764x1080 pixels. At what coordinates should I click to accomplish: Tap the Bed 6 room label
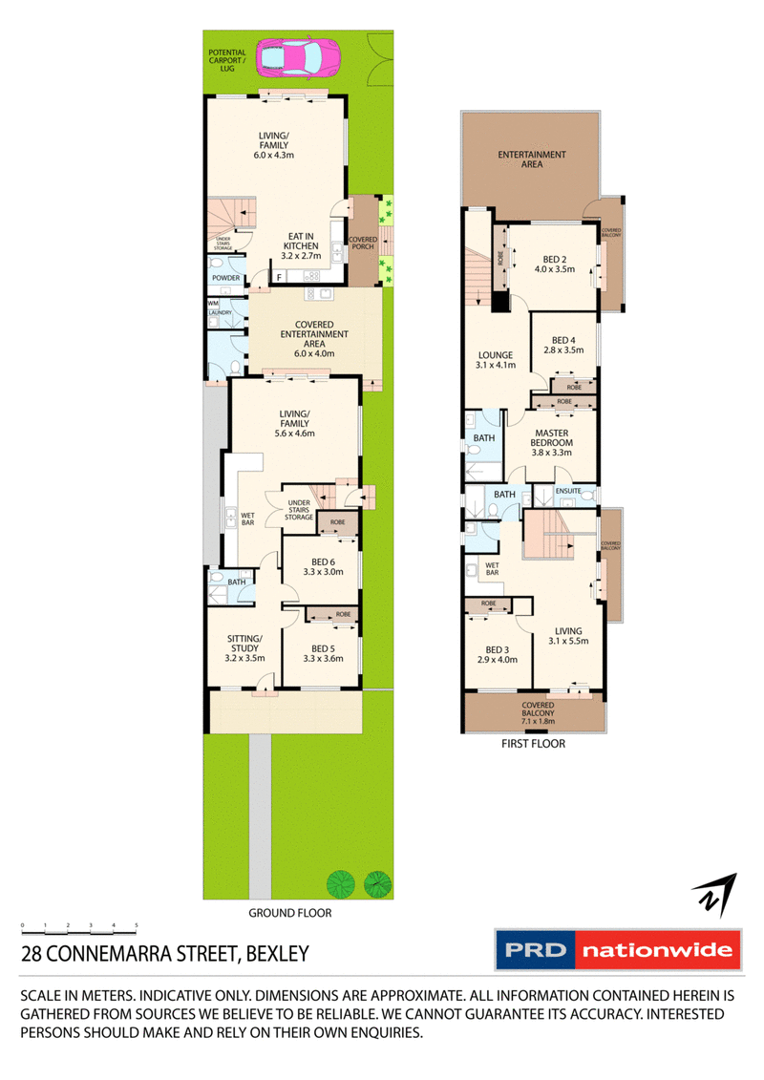tap(322, 567)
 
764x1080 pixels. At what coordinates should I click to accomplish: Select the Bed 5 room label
tap(322, 651)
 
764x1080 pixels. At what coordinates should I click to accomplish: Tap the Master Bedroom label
tap(551, 442)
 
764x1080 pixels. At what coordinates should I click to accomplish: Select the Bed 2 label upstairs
tap(551, 263)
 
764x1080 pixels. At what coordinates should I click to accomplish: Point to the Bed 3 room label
tap(497, 653)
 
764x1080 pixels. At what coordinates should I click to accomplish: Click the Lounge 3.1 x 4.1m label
tap(496, 359)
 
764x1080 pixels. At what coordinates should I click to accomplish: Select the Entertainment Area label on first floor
tap(532, 159)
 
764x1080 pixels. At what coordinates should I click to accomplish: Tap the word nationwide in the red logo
tap(658, 951)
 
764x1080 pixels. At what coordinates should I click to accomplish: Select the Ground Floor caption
tap(289, 913)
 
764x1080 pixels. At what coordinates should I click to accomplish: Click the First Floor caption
tap(534, 743)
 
